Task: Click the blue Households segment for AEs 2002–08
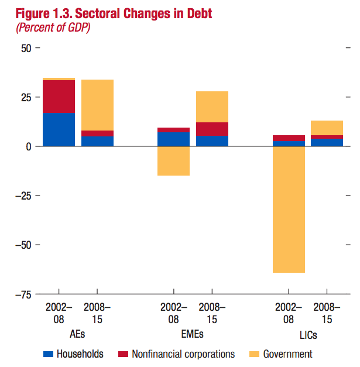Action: (59, 129)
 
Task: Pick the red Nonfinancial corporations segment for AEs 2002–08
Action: (59, 97)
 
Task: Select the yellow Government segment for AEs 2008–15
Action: (97, 105)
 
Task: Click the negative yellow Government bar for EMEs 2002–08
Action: (173, 161)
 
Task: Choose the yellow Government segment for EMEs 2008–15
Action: (212, 107)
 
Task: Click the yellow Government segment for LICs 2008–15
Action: (327, 128)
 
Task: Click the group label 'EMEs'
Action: (193, 333)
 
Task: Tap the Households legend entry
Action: (73, 354)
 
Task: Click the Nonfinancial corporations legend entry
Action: (176, 354)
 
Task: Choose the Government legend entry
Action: (280, 354)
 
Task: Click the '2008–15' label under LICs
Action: (327, 313)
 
